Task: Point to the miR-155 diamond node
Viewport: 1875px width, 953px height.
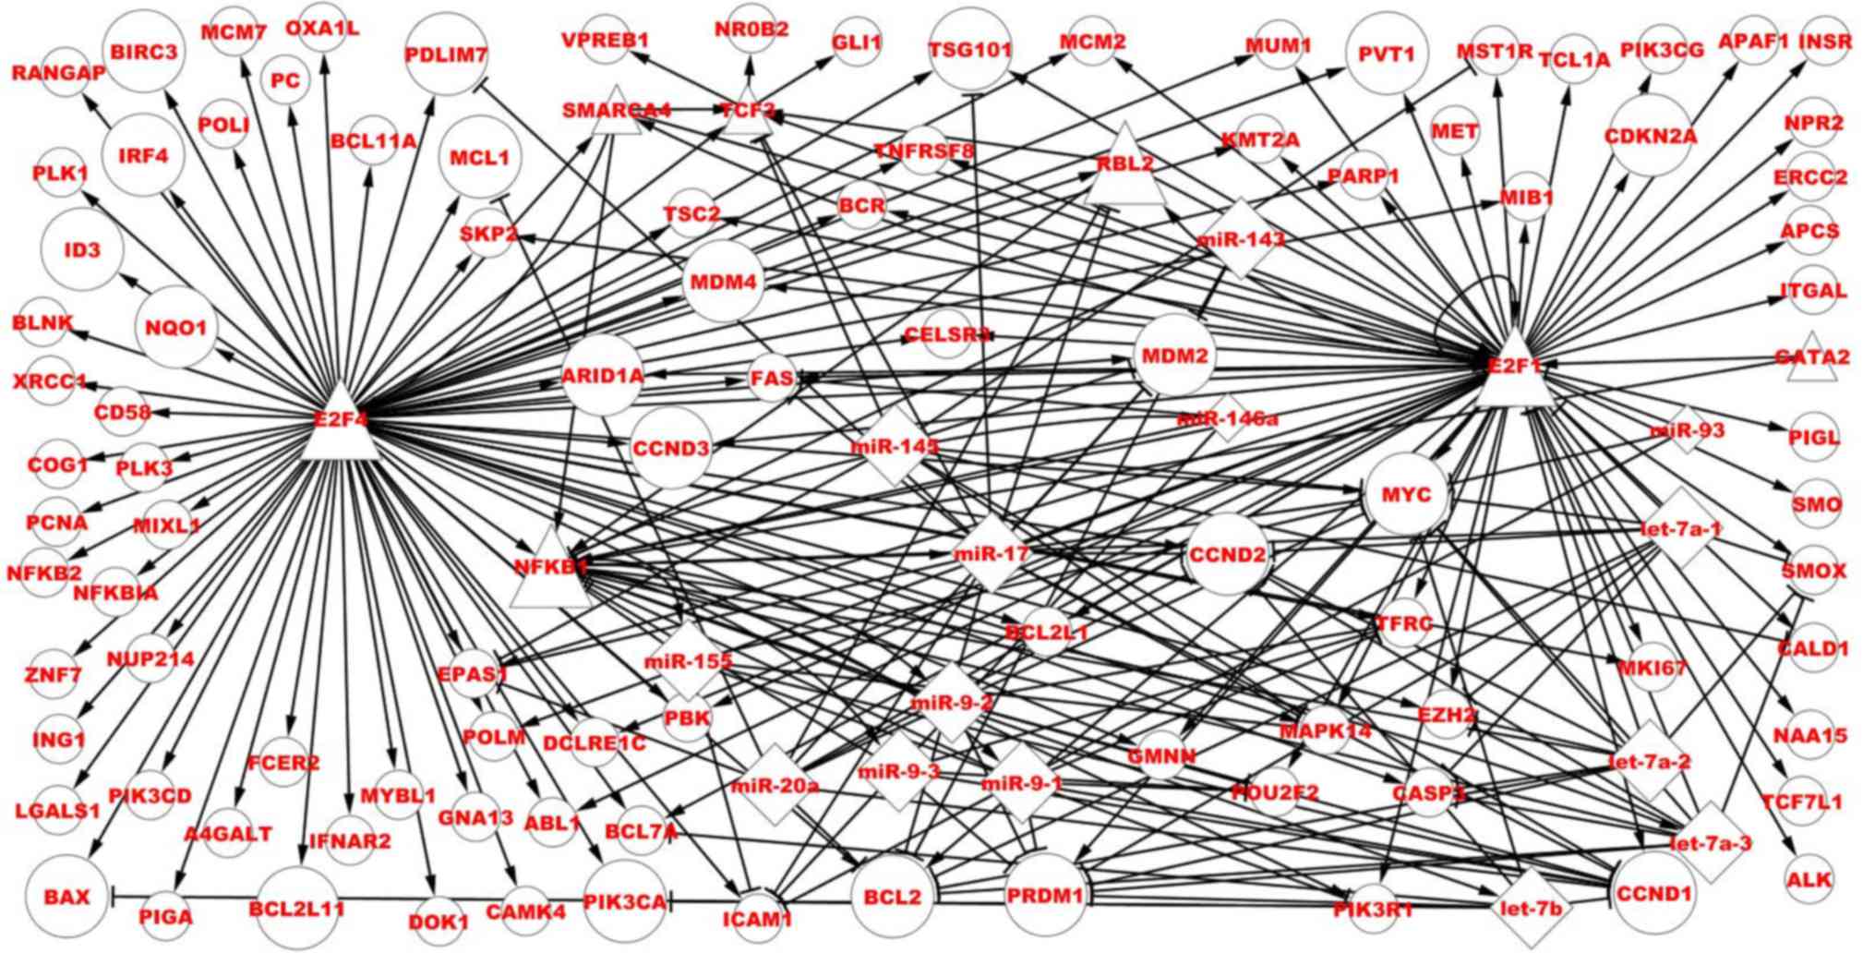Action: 688,661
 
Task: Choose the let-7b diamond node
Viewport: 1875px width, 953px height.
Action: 1530,908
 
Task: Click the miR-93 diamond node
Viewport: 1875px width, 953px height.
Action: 1687,430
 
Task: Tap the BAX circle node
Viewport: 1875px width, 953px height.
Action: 66,897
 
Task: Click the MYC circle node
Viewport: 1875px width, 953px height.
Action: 1406,495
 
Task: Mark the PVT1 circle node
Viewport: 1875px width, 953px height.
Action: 1387,54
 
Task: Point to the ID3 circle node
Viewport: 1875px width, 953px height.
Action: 83,250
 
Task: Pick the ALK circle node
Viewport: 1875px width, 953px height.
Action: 1809,879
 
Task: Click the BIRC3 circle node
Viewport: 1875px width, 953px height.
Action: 143,52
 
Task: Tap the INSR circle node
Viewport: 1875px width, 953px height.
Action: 1825,42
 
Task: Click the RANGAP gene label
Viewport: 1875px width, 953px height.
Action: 58,73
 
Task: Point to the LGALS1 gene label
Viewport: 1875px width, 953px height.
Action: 57,812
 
